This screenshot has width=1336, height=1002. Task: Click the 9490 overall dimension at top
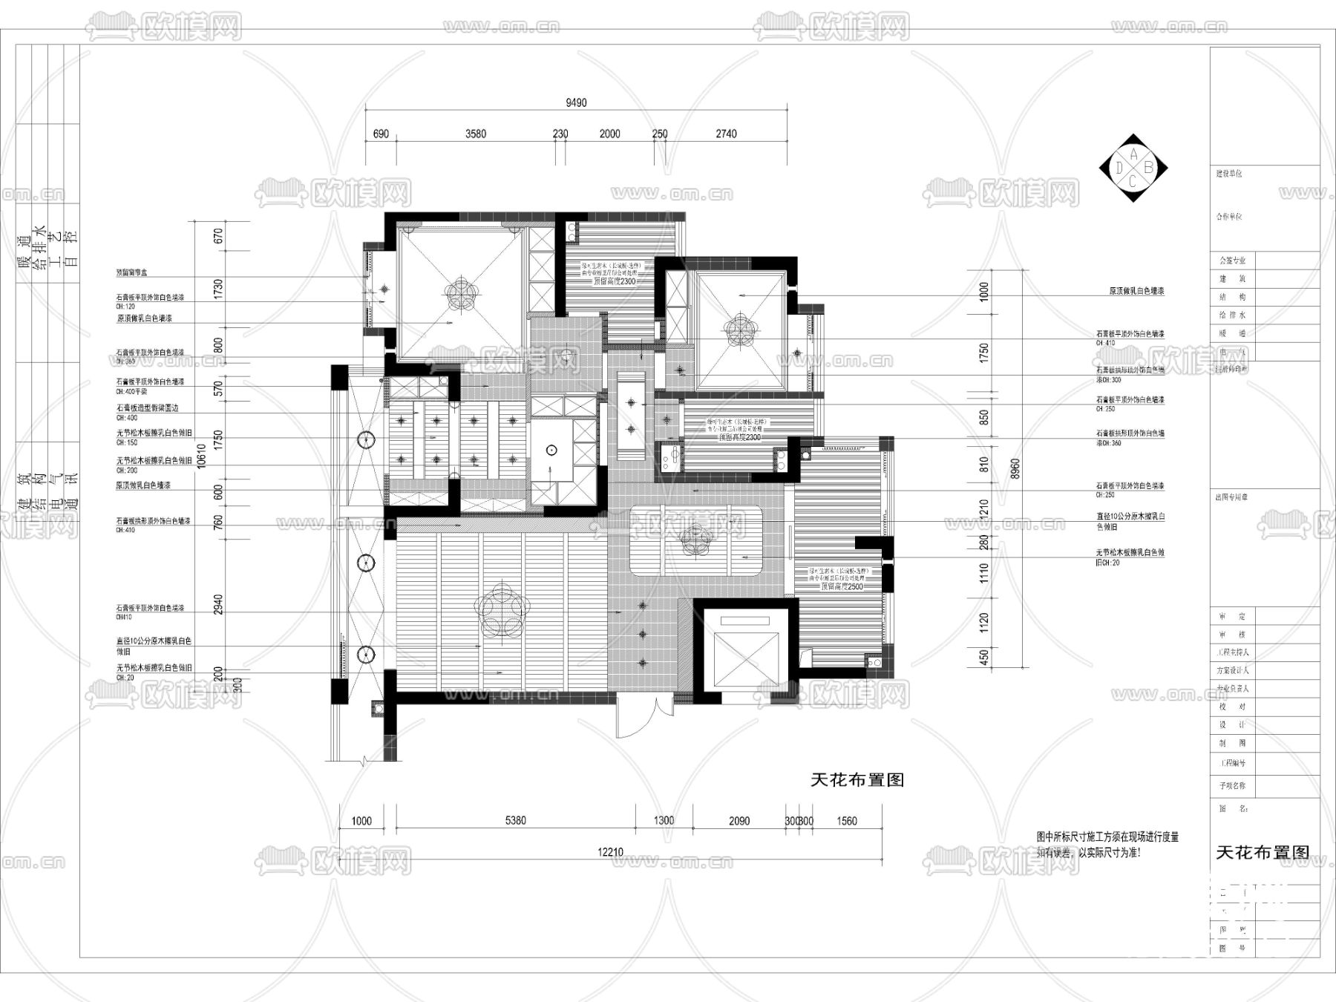(576, 103)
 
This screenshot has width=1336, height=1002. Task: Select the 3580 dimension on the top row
(476, 134)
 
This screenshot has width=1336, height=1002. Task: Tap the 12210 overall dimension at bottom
(610, 852)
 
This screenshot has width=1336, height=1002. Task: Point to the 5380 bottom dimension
(515, 821)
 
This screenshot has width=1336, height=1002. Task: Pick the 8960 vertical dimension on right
(1016, 469)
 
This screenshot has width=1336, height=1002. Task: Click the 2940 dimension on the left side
(217, 604)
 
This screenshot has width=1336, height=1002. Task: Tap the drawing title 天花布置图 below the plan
(857, 780)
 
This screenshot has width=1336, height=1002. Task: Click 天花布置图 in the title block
(1263, 853)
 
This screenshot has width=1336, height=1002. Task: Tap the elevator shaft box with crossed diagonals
(745, 649)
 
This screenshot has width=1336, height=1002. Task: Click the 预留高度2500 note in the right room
(842, 586)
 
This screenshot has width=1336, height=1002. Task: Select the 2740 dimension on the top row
(726, 134)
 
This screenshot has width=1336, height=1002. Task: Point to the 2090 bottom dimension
(739, 821)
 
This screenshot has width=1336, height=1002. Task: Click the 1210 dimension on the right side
(984, 509)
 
